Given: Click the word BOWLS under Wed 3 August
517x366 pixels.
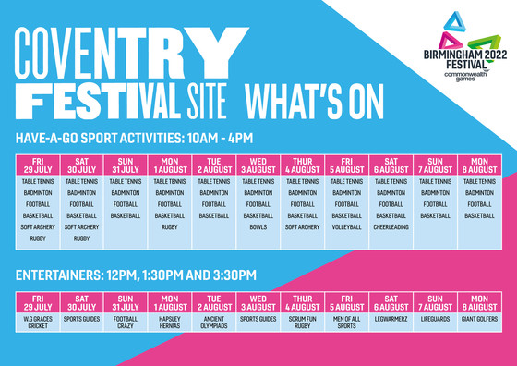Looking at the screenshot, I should pyautogui.click(x=258, y=226).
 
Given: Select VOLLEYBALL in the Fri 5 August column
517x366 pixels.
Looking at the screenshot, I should pyautogui.click(x=347, y=226).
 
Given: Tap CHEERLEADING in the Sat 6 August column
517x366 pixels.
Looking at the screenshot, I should pyautogui.click(x=391, y=226).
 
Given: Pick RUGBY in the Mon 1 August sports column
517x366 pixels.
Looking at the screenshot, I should pyautogui.click(x=170, y=226).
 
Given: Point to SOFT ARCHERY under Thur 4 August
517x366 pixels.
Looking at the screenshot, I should pyautogui.click(x=303, y=226).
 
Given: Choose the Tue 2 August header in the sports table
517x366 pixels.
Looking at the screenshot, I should pyautogui.click(x=214, y=165).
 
